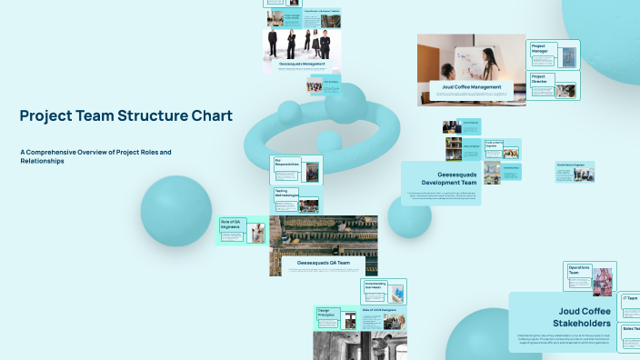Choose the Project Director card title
coord(540,80)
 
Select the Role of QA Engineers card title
coord(230,224)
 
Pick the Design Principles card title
coord(326,314)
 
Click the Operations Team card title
coord(579,270)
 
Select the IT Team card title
coord(629,298)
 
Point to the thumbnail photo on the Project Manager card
coord(568,56)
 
